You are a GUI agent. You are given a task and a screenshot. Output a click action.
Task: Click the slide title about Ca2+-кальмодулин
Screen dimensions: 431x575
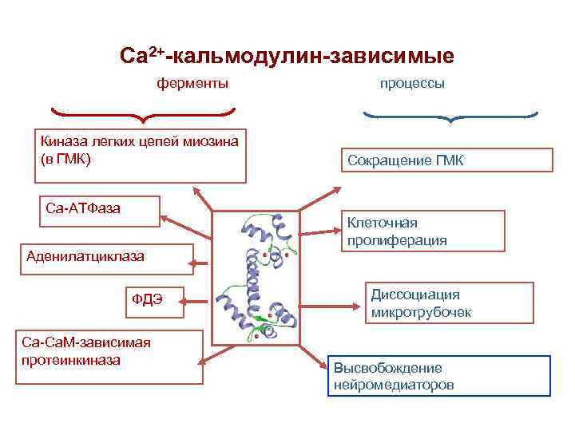[x=287, y=56]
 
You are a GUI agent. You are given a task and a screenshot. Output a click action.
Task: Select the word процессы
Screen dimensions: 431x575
[x=412, y=83]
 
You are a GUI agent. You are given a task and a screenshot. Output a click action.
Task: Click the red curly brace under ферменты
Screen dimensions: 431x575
[x=143, y=115]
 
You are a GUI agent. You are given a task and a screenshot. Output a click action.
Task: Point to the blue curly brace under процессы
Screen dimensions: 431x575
[x=452, y=118]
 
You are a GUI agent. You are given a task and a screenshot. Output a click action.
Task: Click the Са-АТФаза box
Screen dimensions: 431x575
[x=100, y=209]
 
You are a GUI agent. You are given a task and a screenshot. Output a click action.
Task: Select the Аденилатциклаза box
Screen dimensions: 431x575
[x=108, y=258]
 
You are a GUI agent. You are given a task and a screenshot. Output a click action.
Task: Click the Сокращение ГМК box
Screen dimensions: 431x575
[x=446, y=160]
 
